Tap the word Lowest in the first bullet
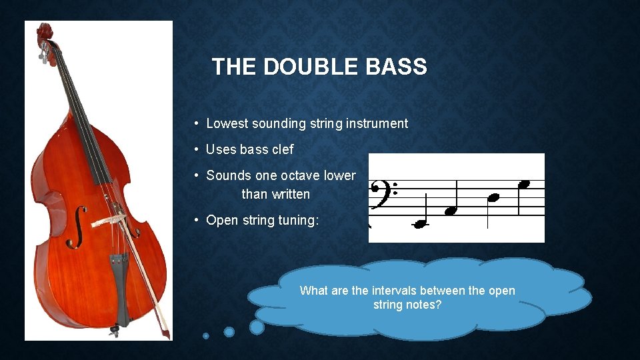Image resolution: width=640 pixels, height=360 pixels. coord(227,123)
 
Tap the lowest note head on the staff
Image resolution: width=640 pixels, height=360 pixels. coord(420,224)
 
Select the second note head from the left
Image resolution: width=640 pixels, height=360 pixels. coord(452,210)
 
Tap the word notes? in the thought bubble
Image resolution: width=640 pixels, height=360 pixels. coord(425,305)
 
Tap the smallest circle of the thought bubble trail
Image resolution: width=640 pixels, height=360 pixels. coord(206,335)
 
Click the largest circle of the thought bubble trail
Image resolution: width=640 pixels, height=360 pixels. coord(257,327)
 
